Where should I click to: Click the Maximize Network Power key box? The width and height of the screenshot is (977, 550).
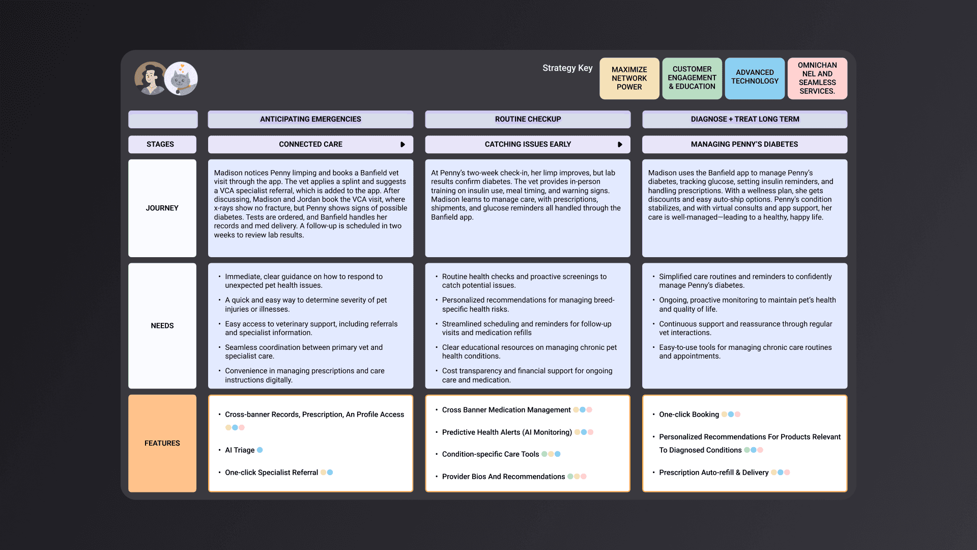[x=629, y=78]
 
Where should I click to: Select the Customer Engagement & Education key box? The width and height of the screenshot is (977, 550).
[x=692, y=78]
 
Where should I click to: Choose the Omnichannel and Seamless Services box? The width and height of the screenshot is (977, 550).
[x=817, y=78]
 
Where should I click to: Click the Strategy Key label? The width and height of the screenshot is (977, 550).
[x=567, y=68]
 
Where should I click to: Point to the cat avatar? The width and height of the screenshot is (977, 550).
[x=181, y=79]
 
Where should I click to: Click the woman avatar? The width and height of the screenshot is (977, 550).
[x=150, y=79]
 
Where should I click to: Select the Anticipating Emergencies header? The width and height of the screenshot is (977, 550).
[x=310, y=119]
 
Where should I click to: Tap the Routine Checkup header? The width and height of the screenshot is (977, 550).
[x=528, y=119]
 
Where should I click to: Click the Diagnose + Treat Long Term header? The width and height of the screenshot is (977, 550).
[x=744, y=119]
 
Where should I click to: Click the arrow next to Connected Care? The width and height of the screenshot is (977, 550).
[x=403, y=145]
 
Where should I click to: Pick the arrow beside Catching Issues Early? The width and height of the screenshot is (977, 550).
[x=620, y=145]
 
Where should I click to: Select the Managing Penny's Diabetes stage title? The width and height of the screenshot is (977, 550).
[x=744, y=145]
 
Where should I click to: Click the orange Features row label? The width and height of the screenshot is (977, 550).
[x=162, y=443]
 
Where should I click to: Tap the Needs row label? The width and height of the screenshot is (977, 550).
[x=162, y=326]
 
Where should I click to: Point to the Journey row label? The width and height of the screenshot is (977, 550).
[x=162, y=208]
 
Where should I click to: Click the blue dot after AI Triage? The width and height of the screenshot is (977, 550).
[x=260, y=450]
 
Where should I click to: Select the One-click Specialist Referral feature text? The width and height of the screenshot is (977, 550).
[x=271, y=473]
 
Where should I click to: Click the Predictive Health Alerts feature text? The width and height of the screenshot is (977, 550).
[x=507, y=432]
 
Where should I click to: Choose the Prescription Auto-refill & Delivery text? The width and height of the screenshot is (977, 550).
[x=713, y=473]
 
